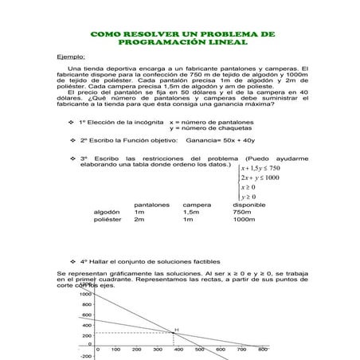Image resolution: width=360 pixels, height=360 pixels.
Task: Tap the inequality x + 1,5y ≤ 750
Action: (260, 168)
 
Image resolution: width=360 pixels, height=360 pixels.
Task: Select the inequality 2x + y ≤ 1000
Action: (260, 178)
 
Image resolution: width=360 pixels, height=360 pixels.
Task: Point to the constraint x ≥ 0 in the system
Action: (248, 187)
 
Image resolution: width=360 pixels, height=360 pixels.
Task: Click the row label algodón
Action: (107, 213)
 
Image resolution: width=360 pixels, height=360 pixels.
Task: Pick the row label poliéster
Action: (108, 220)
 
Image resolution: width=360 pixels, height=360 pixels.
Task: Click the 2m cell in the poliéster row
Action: (139, 220)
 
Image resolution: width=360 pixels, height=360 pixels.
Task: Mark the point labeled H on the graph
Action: (176, 330)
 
